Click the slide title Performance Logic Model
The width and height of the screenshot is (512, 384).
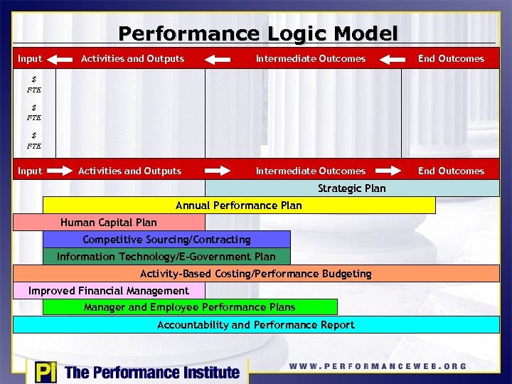pos(257,33)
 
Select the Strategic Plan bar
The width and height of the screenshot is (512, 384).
pos(352,188)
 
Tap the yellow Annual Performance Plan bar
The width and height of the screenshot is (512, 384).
pos(239,206)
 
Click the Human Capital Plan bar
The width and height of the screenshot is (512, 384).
pos(109,223)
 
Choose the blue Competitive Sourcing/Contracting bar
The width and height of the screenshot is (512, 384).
pos(166,240)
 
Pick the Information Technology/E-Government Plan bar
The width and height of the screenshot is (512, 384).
pos(166,257)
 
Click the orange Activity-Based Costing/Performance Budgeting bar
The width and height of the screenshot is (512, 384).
pos(256,274)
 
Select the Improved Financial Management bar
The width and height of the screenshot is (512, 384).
pos(109,291)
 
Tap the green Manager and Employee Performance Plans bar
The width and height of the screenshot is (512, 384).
pos(190,307)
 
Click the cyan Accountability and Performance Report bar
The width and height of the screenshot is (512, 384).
pos(256,325)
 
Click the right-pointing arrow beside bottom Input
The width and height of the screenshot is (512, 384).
pos(60,171)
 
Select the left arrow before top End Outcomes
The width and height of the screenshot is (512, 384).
pos(392,59)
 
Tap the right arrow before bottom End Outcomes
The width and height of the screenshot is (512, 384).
pos(392,171)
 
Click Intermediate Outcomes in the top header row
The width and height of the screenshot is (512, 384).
pos(311,59)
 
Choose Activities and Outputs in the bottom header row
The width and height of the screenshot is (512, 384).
pos(129,171)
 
